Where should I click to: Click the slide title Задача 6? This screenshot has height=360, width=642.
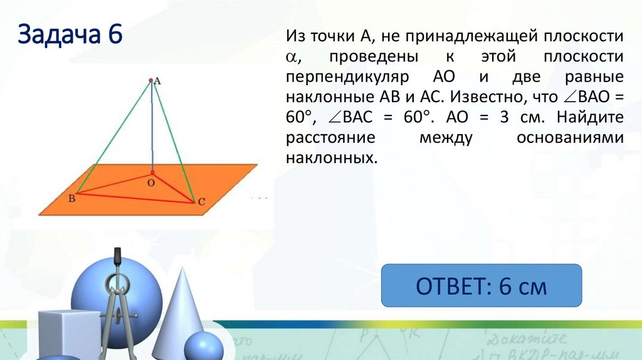[70, 35]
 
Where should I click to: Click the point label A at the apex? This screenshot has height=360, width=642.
[157, 80]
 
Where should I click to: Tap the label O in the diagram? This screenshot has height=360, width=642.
[150, 183]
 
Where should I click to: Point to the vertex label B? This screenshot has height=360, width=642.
[71, 199]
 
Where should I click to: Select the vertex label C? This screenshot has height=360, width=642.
[201, 203]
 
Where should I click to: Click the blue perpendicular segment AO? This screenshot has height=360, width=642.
[150, 125]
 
